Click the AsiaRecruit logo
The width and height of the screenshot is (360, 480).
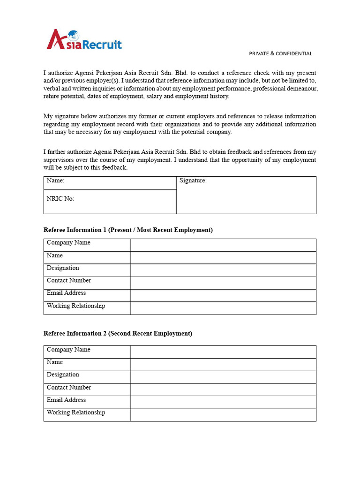(84, 40)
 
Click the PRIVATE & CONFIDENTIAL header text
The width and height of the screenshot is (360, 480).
(280, 53)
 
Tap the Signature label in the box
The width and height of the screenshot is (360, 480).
(193, 180)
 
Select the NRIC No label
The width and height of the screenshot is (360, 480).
(60, 199)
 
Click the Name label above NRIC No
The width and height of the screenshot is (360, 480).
(55, 180)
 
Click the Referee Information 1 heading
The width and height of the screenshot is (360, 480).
(128, 230)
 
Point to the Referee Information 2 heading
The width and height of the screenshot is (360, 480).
(118, 333)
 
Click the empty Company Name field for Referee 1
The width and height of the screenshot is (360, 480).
(223, 245)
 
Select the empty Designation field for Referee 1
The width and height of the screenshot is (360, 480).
(223, 270)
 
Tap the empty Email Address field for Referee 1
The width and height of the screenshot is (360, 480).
(223, 295)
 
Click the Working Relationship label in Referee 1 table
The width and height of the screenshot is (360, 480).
(76, 306)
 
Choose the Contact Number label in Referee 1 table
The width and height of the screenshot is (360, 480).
(69, 280)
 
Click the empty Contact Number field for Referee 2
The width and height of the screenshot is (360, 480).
(223, 390)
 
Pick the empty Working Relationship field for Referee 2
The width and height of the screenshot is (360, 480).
(223, 415)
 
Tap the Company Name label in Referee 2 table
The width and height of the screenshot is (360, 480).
(68, 350)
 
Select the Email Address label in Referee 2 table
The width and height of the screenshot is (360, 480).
(66, 400)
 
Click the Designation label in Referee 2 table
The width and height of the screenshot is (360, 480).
(63, 375)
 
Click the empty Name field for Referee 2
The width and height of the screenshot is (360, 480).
(223, 364)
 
